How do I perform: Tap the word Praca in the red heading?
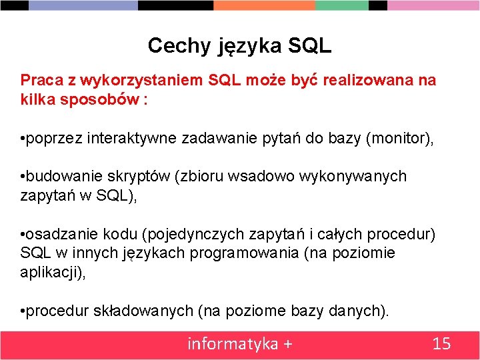click(x=39, y=81)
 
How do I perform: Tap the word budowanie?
click(x=56, y=177)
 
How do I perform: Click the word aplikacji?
click(x=49, y=273)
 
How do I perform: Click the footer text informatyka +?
click(x=239, y=344)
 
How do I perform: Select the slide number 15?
click(x=442, y=344)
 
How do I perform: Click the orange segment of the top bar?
click(x=264, y=5)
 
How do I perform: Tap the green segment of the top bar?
click(x=341, y=5)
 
